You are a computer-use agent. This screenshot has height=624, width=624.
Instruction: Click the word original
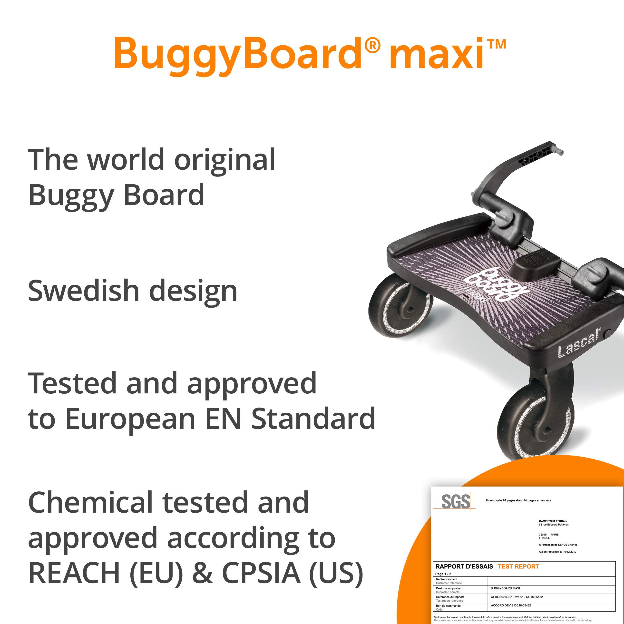pos(225,160)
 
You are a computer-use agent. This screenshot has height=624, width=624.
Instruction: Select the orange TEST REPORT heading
pos(518,566)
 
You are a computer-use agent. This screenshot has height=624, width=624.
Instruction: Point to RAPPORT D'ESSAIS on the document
pos(464,566)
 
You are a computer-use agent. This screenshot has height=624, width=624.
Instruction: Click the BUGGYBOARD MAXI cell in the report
pos(505,588)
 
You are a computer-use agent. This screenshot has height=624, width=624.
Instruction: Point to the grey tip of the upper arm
pos(560,152)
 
